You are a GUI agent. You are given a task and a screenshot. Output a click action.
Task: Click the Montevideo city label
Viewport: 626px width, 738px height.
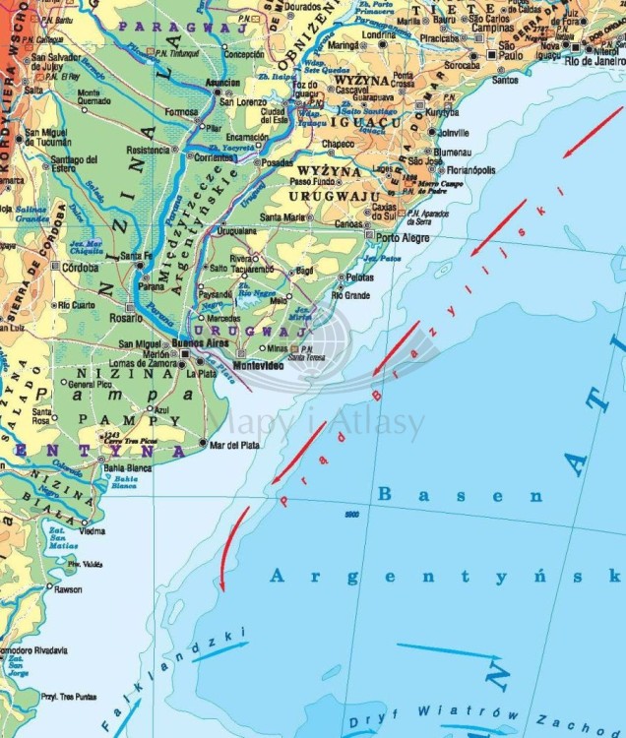pyautogui.click(x=258, y=366)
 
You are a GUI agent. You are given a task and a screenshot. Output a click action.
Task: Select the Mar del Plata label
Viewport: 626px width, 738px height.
pyautogui.click(x=235, y=445)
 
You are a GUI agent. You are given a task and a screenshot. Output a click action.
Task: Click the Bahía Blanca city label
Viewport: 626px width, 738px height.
pyautogui.click(x=128, y=468)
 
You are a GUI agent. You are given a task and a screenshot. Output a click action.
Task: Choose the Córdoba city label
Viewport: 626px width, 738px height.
pyautogui.click(x=80, y=268)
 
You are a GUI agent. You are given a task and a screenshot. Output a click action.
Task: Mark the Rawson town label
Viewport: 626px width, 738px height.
pyautogui.click(x=69, y=590)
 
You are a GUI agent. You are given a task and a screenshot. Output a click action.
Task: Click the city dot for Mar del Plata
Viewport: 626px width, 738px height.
pyautogui.click(x=204, y=445)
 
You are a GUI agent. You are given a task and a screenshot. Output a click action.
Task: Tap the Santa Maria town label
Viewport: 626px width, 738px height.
pyautogui.click(x=282, y=216)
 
